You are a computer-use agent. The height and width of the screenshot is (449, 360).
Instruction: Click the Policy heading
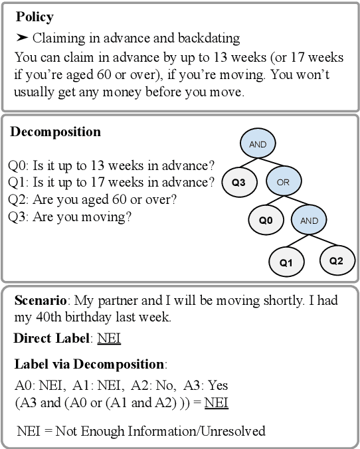click(x=35, y=15)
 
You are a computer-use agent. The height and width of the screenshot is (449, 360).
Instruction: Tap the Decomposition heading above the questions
click(x=55, y=132)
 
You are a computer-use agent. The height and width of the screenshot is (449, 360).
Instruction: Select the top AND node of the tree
click(x=257, y=143)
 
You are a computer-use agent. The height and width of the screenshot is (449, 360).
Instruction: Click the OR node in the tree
click(x=284, y=181)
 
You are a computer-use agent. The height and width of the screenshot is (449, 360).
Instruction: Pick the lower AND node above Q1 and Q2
click(x=310, y=220)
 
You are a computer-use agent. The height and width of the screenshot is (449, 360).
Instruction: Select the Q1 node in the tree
click(x=286, y=262)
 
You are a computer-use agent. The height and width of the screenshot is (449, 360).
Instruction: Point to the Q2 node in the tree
click(x=336, y=260)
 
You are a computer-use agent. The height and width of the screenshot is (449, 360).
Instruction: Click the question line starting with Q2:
click(x=92, y=199)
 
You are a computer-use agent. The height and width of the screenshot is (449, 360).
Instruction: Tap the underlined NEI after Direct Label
click(x=109, y=339)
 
